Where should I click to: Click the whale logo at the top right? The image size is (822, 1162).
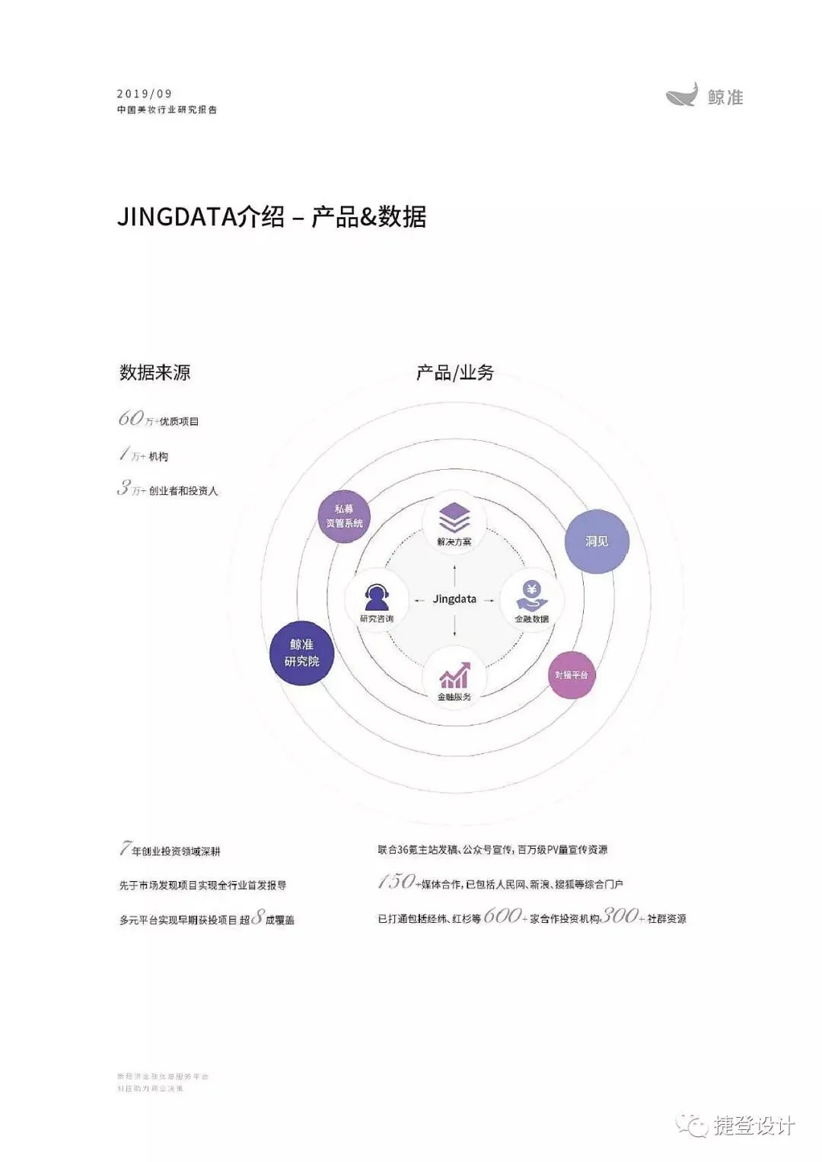click(x=681, y=95)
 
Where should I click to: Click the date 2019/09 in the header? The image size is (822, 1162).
click(x=145, y=94)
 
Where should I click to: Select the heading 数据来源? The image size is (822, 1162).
click(x=155, y=372)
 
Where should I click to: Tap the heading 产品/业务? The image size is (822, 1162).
click(x=454, y=372)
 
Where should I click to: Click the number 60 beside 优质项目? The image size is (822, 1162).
click(x=130, y=418)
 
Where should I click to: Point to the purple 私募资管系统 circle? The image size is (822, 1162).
click(x=344, y=516)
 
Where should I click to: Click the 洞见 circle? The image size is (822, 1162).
click(x=597, y=541)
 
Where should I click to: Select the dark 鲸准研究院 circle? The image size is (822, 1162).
click(x=301, y=653)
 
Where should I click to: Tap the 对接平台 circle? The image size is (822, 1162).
click(x=572, y=675)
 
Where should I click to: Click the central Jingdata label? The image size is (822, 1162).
click(x=454, y=599)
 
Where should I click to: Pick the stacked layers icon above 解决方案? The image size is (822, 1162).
click(x=454, y=518)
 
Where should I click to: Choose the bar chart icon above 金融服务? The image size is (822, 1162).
click(x=454, y=675)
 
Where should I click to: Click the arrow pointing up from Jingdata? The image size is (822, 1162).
click(x=454, y=573)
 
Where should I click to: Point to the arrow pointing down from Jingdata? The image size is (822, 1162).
click(x=454, y=626)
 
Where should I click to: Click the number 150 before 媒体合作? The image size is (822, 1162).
click(x=397, y=882)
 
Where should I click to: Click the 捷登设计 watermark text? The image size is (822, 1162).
click(x=753, y=1125)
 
